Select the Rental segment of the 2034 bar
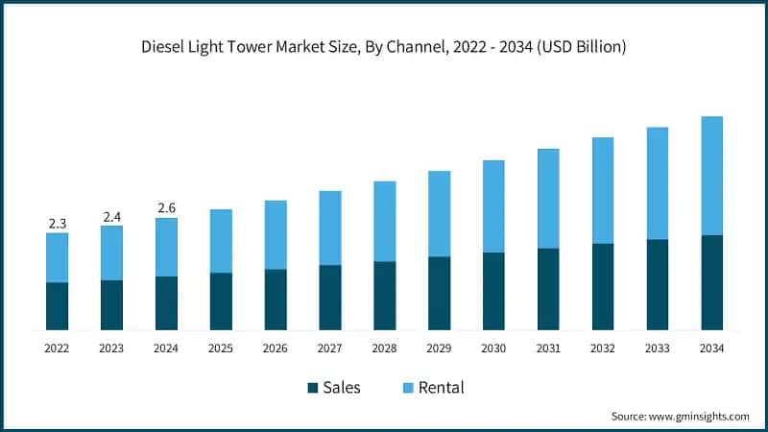711,176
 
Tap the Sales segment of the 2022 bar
58,306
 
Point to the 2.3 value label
58,224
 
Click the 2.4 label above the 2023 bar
111,217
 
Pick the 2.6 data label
166,208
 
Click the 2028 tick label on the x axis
384,348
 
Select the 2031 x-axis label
548,348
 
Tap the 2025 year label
221,348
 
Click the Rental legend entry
442,388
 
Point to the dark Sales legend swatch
312,388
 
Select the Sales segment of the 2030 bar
493,292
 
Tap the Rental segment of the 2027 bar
330,228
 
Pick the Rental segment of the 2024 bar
166,247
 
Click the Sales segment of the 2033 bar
657,285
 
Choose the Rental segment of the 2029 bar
439,213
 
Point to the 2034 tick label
711,348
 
